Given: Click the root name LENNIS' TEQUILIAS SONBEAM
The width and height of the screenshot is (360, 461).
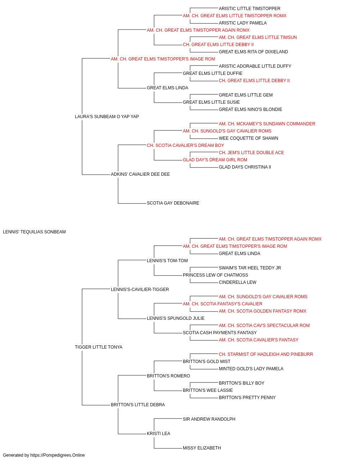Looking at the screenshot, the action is pos(34,232).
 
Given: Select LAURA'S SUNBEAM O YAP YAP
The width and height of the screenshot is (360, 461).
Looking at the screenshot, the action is pos(107,117).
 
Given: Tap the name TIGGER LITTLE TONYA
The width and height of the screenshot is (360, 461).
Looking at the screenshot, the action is pos(99,347).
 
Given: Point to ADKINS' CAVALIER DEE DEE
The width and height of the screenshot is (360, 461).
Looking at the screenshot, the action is pos(140,174).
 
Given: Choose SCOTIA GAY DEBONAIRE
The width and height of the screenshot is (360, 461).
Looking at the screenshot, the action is pos(173,203).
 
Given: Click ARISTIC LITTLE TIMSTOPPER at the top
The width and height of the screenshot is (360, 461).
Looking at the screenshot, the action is pos(249,9).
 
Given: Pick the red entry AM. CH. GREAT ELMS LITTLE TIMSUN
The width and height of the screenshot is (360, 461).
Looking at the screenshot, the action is pos(258,37).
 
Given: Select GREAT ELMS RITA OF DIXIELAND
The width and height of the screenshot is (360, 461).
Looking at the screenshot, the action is pos(253,52).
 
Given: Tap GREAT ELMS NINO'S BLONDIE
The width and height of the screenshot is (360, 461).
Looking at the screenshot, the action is pos(251,109).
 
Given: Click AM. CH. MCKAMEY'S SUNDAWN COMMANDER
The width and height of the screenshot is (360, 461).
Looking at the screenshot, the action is pos(267,124).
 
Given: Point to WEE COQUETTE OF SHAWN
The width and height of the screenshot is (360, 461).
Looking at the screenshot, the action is pos(248,138).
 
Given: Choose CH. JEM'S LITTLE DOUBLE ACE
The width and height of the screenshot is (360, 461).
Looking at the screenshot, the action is pos(251,153).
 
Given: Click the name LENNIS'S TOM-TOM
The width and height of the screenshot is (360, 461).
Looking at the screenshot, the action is pos(167,261).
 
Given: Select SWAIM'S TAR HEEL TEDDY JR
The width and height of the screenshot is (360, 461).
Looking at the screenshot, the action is pos(250,268).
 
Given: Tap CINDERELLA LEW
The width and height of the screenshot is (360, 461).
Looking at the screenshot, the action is pos(238,282).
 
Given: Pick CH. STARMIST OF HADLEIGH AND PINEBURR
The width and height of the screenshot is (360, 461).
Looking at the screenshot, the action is pos(266,354).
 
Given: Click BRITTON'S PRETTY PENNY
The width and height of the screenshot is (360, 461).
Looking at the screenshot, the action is pos(247,398).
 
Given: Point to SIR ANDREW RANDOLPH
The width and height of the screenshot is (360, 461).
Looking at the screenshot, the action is pos(209,419).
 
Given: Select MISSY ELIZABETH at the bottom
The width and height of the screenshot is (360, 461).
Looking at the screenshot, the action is pos(202,448).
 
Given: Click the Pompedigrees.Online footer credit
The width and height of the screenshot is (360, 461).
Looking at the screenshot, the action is pos(44,455).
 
